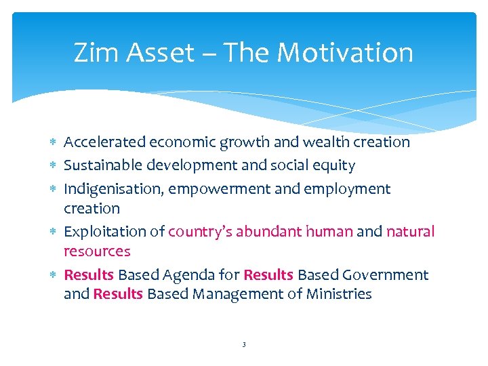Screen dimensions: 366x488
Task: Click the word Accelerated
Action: (104, 142)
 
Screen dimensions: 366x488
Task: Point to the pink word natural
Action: (410, 232)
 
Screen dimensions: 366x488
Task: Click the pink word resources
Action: (97, 251)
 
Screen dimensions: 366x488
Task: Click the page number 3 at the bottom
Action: (243, 345)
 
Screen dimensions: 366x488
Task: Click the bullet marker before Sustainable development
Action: (54, 166)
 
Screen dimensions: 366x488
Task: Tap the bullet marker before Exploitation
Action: (54, 232)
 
